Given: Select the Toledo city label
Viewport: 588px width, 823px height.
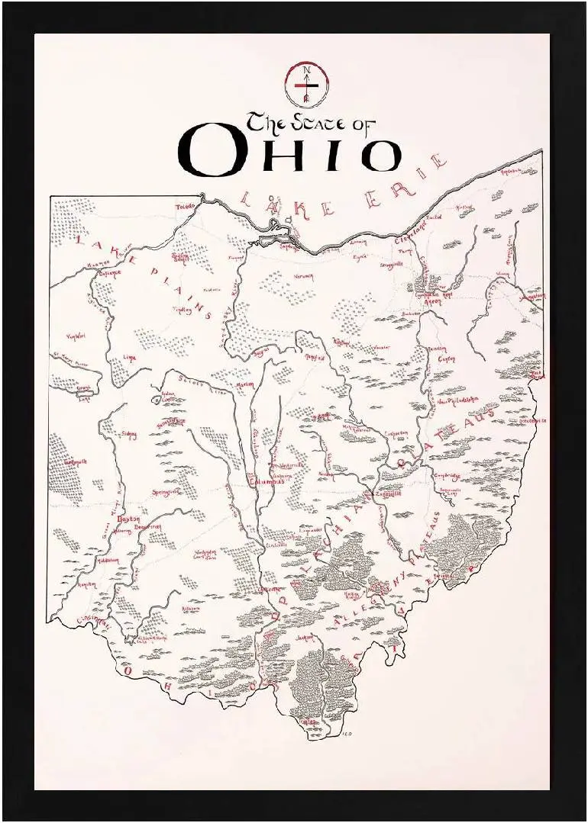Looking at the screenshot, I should tap(186, 207).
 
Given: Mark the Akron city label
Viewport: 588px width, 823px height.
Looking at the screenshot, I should tap(432, 301).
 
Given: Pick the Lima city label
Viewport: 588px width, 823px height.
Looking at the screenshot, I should tap(129, 356).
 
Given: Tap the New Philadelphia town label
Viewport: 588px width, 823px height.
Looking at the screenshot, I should tap(457, 399).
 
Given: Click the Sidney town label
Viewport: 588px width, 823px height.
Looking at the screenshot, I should tap(128, 434).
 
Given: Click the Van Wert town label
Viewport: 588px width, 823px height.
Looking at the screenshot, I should tap(75, 336).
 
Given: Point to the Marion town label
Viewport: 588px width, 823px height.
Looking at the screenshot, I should tap(244, 384).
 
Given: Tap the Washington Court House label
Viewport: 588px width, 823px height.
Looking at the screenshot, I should tap(205, 555).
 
